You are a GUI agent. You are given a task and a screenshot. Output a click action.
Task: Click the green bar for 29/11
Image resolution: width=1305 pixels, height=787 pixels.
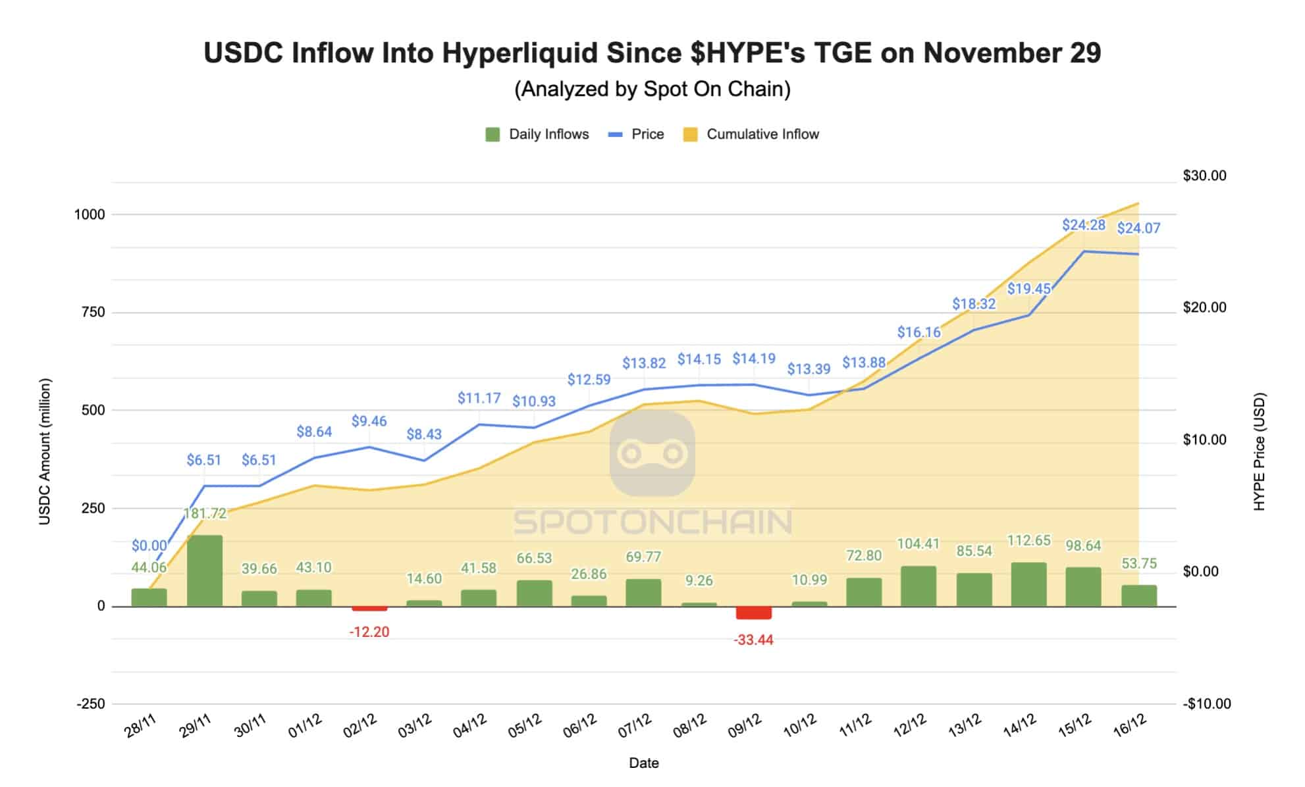point(205,570)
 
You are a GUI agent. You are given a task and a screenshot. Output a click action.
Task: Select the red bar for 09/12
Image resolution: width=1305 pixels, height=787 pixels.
point(753,613)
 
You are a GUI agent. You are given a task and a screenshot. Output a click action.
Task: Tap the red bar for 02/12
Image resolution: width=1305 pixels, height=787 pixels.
point(369,609)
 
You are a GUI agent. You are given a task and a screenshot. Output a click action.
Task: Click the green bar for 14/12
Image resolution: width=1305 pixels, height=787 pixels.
point(1028,584)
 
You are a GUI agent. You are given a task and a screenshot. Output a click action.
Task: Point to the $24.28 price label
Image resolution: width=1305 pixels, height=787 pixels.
point(1083,225)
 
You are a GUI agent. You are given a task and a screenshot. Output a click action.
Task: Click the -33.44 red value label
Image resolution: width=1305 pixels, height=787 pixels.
point(753,640)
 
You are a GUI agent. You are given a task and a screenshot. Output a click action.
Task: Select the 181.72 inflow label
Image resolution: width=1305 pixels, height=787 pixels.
point(205,513)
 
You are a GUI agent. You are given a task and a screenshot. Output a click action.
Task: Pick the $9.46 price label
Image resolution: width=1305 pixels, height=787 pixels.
point(369,421)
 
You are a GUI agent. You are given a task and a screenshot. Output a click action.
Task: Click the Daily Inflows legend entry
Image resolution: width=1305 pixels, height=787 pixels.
point(537,134)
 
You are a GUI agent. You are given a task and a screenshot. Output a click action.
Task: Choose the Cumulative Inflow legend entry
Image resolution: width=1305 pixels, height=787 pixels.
point(751,134)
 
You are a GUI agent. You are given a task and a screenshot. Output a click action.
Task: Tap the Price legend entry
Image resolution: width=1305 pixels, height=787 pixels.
point(636,134)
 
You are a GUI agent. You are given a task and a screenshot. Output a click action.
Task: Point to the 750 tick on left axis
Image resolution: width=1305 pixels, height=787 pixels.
point(93,312)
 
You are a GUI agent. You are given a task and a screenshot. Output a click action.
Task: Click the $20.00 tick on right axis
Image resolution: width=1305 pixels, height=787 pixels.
point(1204,307)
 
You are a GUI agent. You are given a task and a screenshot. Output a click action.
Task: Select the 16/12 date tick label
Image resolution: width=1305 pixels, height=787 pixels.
point(1130,724)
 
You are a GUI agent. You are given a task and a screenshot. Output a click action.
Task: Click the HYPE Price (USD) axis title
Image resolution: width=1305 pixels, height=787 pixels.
point(1259,451)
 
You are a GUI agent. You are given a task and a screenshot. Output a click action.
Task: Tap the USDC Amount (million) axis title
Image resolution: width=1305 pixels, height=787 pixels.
point(45,451)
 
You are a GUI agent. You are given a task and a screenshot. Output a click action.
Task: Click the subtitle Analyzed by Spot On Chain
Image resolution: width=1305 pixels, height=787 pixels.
point(652,89)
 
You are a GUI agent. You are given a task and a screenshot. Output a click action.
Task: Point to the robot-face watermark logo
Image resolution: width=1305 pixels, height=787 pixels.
point(652,453)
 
